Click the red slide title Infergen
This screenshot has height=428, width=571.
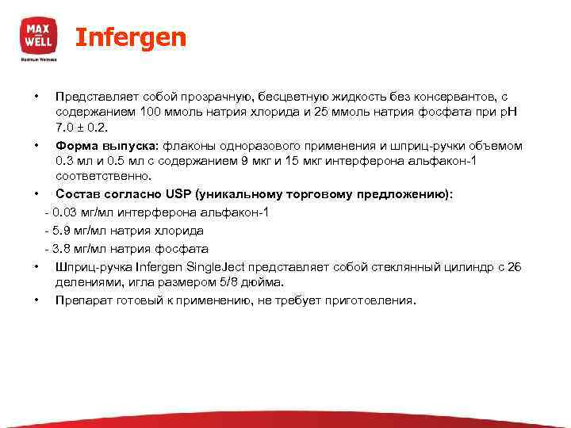click(131, 37)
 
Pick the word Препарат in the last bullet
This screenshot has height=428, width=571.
click(83, 301)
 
